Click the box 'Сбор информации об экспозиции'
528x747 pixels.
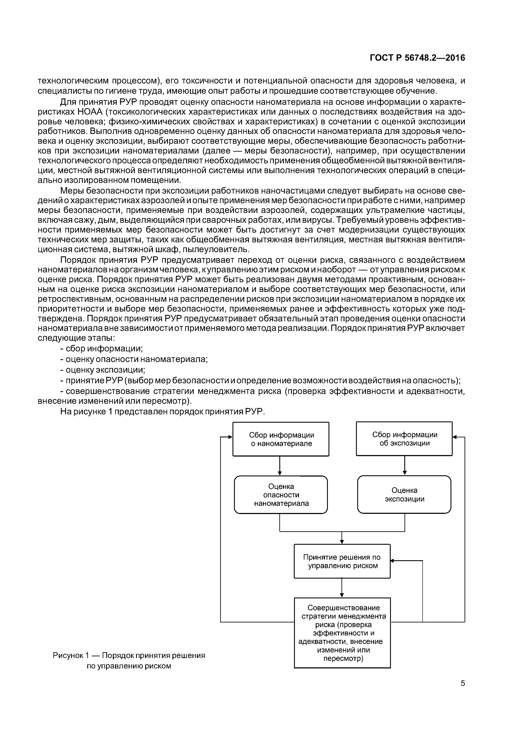click(x=404, y=439)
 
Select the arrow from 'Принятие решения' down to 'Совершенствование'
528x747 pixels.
click(x=342, y=588)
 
